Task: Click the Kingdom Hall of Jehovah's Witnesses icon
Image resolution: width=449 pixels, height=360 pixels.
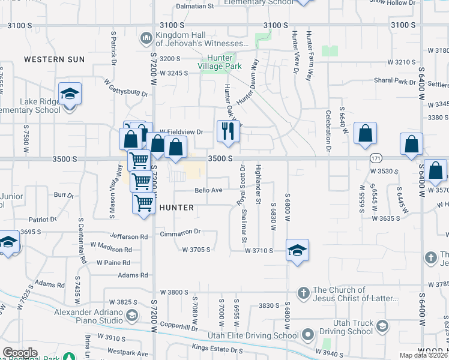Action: coord(145,40)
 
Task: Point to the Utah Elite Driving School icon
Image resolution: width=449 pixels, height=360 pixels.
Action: coord(308,334)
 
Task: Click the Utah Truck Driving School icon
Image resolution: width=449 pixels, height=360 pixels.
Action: coord(381,326)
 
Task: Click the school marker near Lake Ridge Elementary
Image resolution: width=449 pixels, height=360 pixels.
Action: coord(70,94)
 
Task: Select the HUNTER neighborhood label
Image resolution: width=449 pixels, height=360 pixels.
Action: coord(176,208)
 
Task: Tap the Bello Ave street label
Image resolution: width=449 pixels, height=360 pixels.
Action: coord(208,191)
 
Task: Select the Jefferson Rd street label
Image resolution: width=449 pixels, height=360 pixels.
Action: coord(128,238)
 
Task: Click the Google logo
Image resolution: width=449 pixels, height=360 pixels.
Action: coord(20,353)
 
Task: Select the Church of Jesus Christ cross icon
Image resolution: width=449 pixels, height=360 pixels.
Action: coord(304,293)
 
